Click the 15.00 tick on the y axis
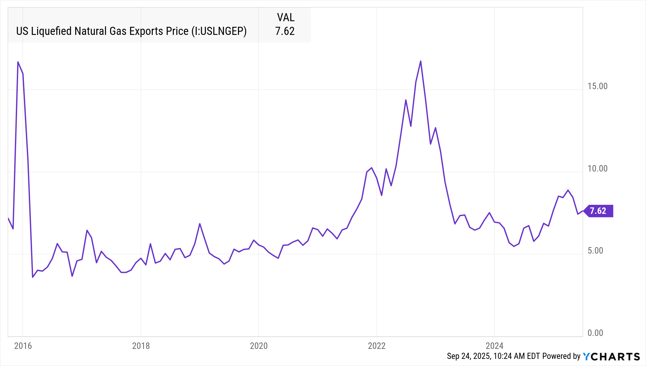(597, 86)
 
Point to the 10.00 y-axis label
(597, 169)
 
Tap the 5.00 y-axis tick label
(595, 251)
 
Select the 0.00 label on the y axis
(595, 333)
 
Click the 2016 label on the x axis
(23, 346)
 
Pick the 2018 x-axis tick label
(141, 346)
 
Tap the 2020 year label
(259, 346)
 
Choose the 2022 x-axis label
(377, 346)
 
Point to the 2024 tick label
(495, 346)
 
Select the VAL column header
(286, 17)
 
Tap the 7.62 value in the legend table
(285, 31)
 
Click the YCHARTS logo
(611, 356)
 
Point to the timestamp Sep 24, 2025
(468, 356)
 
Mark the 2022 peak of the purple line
(421, 61)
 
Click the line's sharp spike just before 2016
(18, 62)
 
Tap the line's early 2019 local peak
(200, 224)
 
